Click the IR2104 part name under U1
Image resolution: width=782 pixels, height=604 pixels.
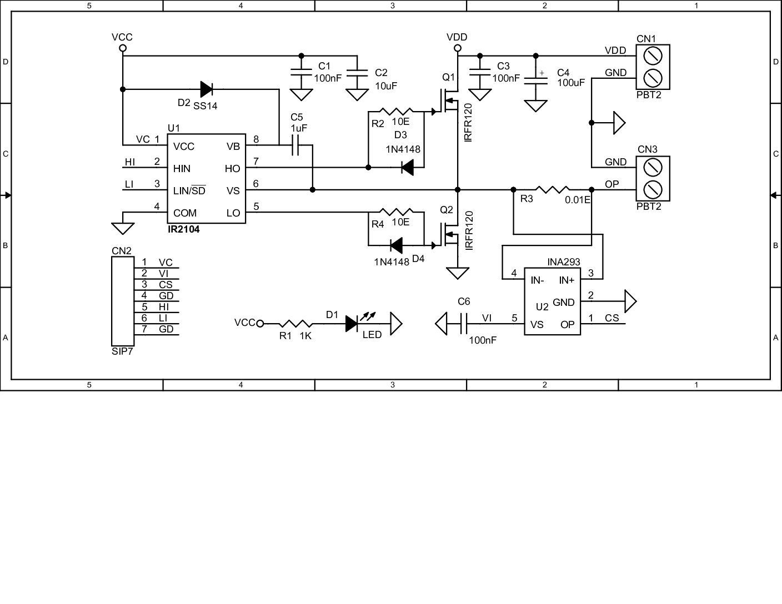coord(184,229)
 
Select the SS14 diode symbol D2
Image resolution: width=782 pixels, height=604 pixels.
coord(206,89)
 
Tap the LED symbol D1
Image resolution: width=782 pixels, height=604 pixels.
coord(352,323)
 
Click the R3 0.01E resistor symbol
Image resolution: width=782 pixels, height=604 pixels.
coord(553,190)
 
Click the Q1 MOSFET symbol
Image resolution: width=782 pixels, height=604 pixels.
coord(449,103)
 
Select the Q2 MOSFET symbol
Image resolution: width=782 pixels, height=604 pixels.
coord(449,235)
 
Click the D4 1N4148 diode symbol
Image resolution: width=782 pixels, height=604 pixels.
coord(396,245)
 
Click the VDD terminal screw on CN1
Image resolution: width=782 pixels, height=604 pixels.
coord(653,56)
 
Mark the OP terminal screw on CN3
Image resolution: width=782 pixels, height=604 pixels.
coord(653,189)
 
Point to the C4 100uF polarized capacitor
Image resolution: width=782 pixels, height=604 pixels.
coord(536,78)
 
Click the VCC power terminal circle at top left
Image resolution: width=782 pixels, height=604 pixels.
coord(123,48)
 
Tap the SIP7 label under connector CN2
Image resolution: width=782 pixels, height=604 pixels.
coord(122,351)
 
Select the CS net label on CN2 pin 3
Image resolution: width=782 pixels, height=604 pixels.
coord(166,285)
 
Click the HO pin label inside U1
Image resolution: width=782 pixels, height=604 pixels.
coord(232,168)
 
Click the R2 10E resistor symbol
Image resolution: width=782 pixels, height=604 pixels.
coord(395,112)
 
